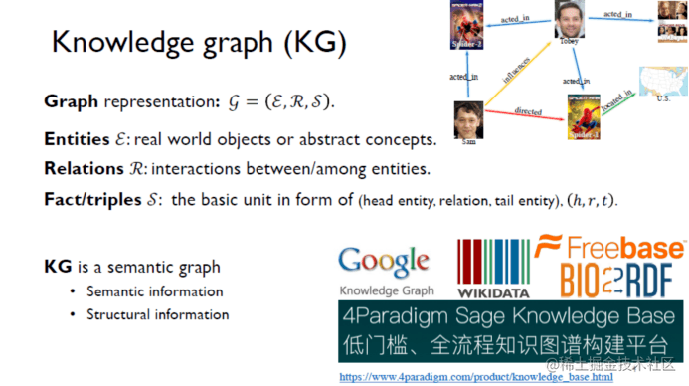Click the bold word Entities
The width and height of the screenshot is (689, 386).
tap(73, 138)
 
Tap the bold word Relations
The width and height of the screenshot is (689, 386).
tap(78, 168)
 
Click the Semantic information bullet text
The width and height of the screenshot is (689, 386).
tap(154, 291)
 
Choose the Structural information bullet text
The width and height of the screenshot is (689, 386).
tap(157, 314)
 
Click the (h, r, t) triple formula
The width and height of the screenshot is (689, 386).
tap(593, 200)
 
